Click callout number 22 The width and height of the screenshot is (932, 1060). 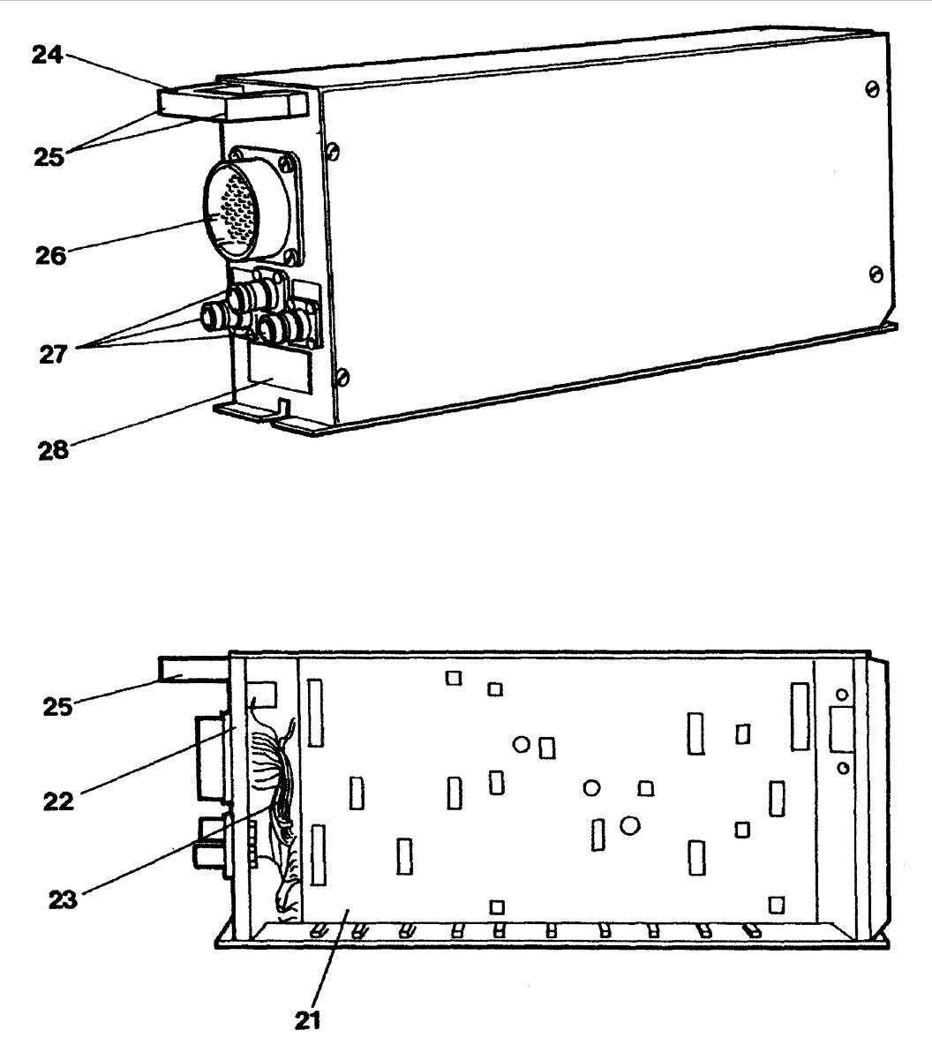pyautogui.click(x=59, y=801)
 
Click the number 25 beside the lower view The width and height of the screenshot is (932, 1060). pyautogui.click(x=59, y=705)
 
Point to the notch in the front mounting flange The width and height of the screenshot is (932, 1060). pyautogui.click(x=282, y=409)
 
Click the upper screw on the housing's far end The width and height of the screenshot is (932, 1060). pyautogui.click(x=872, y=90)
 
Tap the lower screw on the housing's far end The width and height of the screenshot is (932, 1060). pyautogui.click(x=876, y=274)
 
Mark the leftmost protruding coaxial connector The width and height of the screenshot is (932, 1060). pyautogui.click(x=217, y=313)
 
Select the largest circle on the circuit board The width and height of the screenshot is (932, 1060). pyautogui.click(x=629, y=826)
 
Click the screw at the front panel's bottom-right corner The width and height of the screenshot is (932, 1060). pyautogui.click(x=343, y=379)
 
